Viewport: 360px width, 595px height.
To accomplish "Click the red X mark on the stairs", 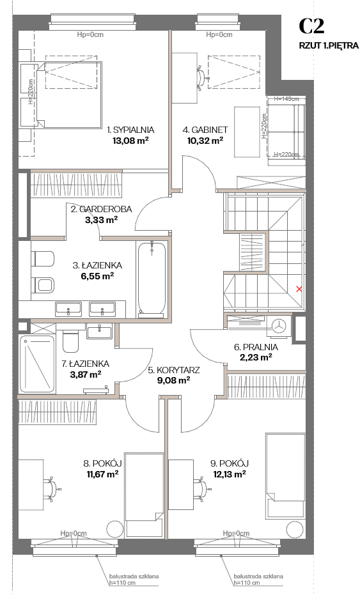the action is [299, 289].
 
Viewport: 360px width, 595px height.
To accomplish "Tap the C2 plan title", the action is [311, 27].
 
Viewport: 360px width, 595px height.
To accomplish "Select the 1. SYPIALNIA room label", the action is [130, 130].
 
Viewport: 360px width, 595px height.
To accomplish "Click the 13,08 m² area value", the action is [130, 141].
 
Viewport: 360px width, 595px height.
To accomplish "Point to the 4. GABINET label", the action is [205, 130].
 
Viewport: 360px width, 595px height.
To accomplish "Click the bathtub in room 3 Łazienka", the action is [152, 279].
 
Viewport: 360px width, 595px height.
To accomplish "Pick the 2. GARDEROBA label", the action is [102, 209].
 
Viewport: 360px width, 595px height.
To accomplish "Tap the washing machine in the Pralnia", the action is [280, 326].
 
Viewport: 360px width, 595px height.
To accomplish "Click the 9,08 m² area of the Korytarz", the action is [173, 380].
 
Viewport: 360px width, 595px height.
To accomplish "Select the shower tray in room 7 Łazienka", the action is [37, 364].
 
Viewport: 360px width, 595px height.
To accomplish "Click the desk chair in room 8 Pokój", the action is [51, 488].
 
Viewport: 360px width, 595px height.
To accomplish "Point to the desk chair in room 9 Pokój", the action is [201, 488].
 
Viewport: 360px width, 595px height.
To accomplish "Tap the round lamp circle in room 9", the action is [296, 529].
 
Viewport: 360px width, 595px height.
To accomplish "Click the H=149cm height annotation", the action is [286, 98].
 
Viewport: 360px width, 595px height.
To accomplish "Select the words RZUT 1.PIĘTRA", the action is [329, 45].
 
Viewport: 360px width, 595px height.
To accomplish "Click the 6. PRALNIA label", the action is [256, 347].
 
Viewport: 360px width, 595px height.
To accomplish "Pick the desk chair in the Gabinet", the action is [201, 77].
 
